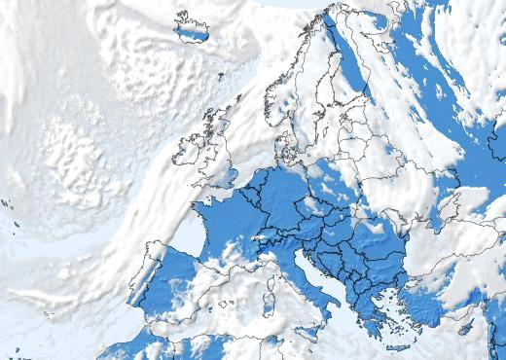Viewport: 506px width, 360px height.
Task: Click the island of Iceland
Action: point(192,30)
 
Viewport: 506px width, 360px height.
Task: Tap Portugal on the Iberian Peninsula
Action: point(142,288)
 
